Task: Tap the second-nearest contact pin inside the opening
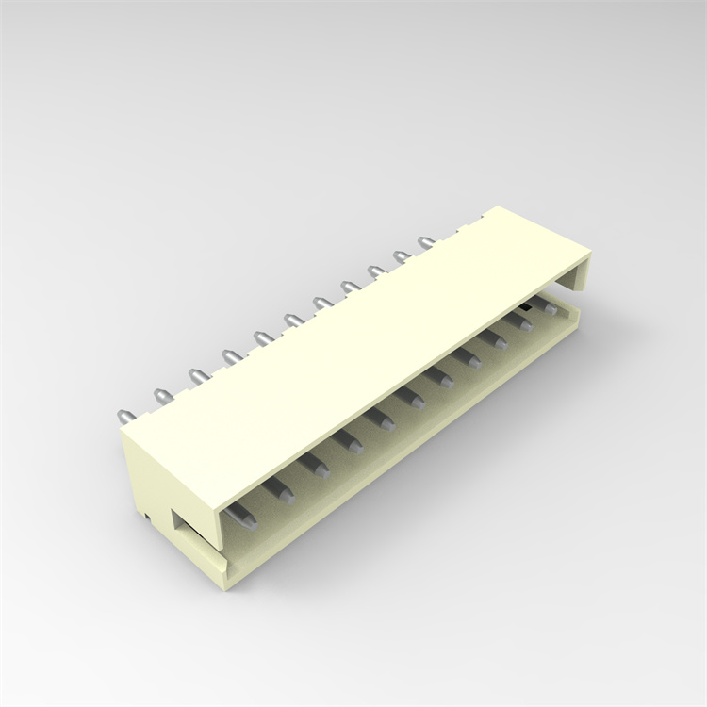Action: tap(280, 489)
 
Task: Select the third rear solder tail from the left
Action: tap(194, 376)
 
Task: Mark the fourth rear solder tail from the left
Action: tap(228, 356)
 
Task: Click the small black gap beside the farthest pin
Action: tap(522, 308)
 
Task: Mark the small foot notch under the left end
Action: tap(149, 515)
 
